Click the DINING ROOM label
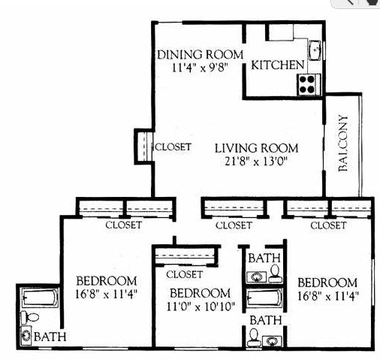point(200,54)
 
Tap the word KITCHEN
point(277,65)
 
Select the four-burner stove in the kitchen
point(308,84)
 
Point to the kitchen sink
point(316,50)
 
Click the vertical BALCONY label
point(343,144)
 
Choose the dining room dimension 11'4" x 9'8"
point(199,67)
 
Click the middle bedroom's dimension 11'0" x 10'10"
point(199,305)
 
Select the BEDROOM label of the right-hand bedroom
point(327,282)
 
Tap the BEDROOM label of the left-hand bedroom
point(107,281)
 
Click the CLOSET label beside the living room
point(173,147)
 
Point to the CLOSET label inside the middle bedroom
point(185,274)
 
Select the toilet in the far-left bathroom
point(26,317)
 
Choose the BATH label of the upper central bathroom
point(264,258)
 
